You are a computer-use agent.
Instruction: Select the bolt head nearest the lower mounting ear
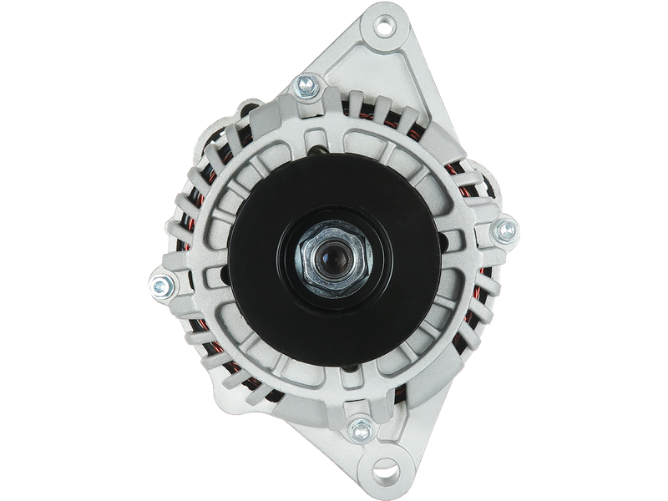click(361, 428)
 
